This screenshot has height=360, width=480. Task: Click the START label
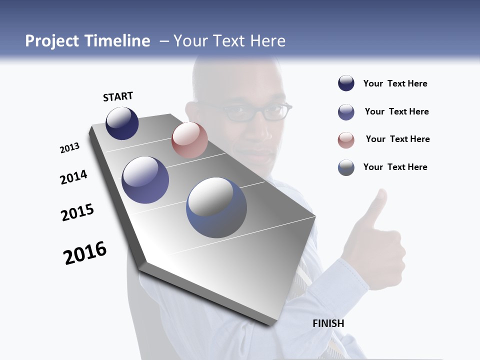(118, 96)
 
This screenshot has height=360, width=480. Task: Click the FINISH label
(328, 323)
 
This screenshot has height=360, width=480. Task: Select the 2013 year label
(69, 148)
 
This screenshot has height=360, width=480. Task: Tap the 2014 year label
(73, 177)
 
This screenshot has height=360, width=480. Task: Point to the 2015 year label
(77, 212)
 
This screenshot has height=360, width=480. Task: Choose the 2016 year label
(85, 253)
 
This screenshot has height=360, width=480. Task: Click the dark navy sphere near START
(122, 123)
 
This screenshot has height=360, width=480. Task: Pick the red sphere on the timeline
(189, 140)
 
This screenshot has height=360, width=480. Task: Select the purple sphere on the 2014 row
(145, 180)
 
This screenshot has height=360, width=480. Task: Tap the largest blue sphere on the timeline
(216, 207)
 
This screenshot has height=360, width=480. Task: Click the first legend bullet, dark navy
(346, 83)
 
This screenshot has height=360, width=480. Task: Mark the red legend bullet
(346, 140)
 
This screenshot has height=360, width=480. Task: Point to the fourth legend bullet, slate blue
(346, 167)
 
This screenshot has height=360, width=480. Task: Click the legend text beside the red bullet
(397, 139)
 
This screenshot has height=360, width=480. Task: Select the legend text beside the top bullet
(395, 83)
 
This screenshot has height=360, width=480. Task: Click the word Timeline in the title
(117, 41)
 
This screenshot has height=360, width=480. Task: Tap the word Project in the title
(52, 41)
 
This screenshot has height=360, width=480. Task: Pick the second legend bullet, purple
(346, 112)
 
